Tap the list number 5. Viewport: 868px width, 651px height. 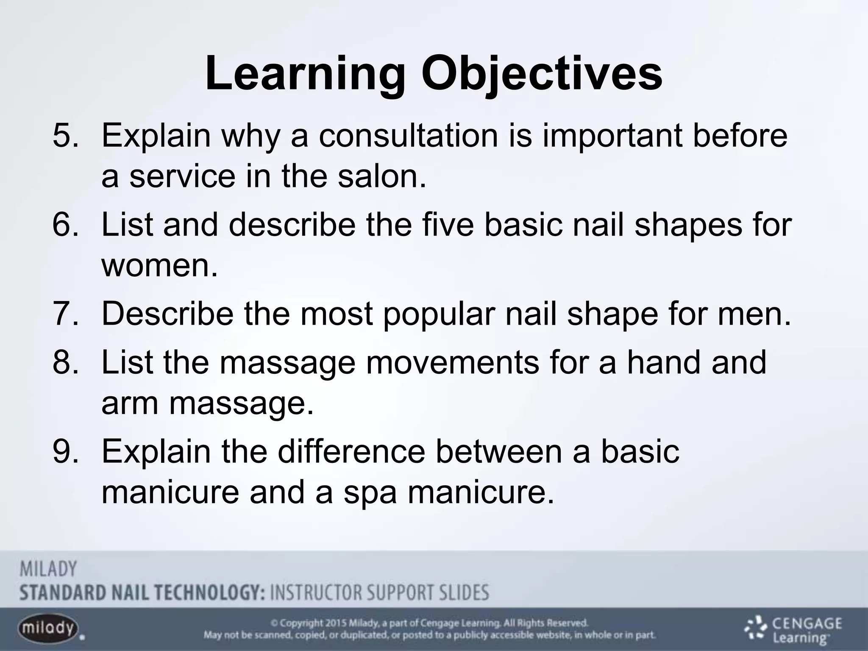pos(65,136)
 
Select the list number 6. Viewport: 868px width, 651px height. pos(65,225)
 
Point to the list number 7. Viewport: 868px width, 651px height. pos(65,314)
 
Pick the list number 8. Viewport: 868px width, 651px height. pos(65,362)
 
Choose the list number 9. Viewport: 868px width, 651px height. pos(65,452)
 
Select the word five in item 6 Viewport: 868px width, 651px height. pos(448,225)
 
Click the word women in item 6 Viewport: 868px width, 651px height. pos(159,266)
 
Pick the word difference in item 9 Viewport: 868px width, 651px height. pos(351,452)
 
